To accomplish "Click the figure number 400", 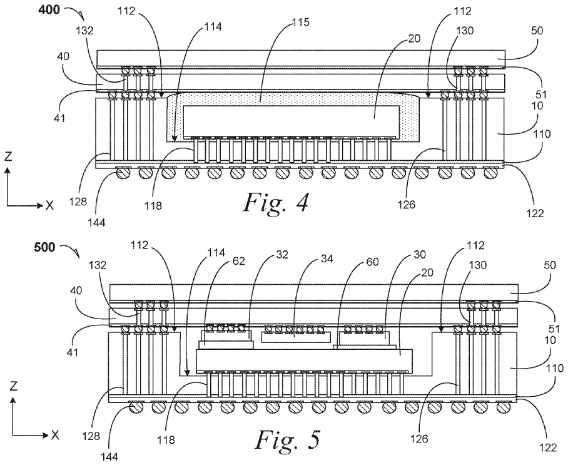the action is pos(49,9).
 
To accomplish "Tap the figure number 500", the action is pos(44,248).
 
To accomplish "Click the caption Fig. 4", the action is pos(276,203).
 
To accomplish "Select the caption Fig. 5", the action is pos(288,439).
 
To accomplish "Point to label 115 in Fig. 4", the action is pos(301,23).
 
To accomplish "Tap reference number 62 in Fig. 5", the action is pos(238,261).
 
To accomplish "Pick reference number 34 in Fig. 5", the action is pos(327,258).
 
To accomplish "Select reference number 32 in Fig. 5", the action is pos(282,255).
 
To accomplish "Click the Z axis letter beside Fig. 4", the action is pos(8,156).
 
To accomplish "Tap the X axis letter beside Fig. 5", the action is pos(54,435).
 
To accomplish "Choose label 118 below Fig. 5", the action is pos(166,439).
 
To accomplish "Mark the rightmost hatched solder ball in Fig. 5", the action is pos(504,408).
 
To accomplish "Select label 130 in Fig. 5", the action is pos(477,265).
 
